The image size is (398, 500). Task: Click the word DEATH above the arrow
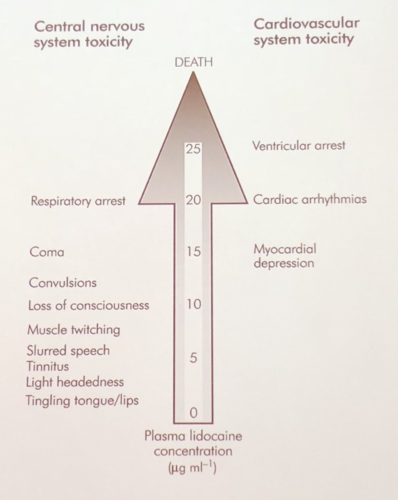click(194, 63)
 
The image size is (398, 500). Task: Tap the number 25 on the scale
click(193, 149)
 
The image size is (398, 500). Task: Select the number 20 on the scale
click(193, 200)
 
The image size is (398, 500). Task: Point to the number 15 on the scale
click(193, 252)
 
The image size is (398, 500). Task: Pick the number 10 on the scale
click(193, 304)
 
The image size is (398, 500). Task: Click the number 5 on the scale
click(193, 358)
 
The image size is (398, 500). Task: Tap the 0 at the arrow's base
click(193, 412)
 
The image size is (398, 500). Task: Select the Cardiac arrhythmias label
click(310, 199)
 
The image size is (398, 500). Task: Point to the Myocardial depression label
click(285, 256)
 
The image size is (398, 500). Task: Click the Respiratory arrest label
click(78, 201)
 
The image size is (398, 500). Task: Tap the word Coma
click(47, 252)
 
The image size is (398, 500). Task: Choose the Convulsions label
click(63, 283)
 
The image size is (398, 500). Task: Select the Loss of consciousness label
click(88, 305)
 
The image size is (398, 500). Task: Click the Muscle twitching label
click(73, 330)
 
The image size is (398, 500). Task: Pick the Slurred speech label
click(68, 351)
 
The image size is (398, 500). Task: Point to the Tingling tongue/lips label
click(82, 401)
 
